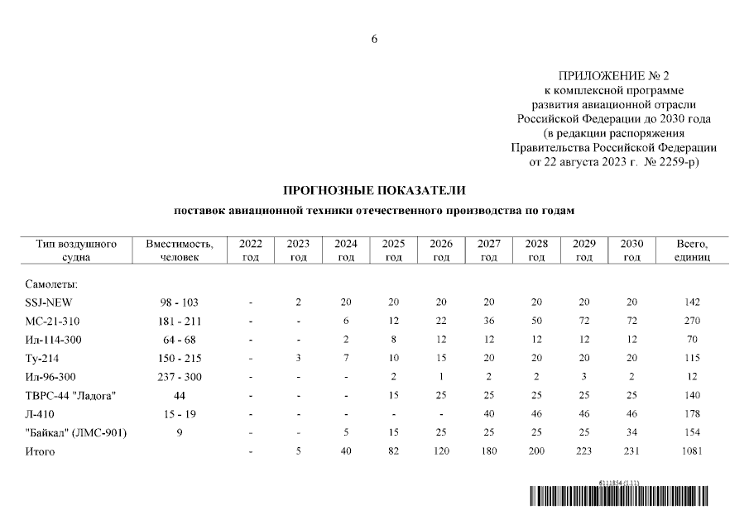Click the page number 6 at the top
coord(374,40)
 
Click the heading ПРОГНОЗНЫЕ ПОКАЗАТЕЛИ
coord(374,190)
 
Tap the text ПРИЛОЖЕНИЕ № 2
coord(614,76)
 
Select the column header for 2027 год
coord(489,250)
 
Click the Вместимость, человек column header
coord(180,250)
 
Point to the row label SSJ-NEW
coord(50,302)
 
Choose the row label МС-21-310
coord(53,321)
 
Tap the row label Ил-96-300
coord(53,377)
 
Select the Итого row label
coord(40,452)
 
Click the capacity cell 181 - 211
coord(180,321)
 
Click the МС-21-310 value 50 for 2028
coord(536,321)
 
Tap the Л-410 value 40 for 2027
coord(489,414)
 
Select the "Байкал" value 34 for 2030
coord(631,433)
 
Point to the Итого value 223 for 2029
coord(584,452)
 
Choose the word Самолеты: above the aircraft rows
coord(51,284)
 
